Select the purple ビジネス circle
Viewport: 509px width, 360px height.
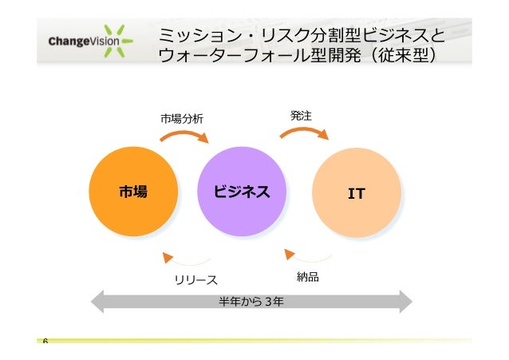point(241,192)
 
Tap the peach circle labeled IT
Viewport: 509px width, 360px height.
point(356,193)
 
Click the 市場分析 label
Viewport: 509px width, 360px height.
point(182,118)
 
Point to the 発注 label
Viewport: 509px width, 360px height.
point(301,117)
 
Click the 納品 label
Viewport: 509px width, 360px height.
point(308,277)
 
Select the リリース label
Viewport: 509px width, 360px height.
point(196,279)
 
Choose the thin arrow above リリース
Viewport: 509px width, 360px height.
point(185,259)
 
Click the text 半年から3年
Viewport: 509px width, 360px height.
point(252,302)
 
